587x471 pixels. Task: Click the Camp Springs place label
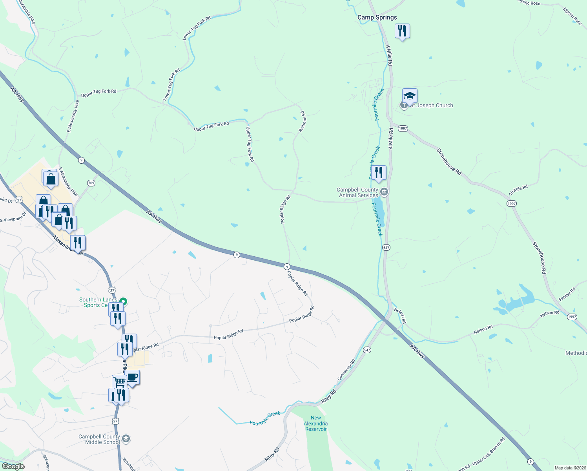click(377, 17)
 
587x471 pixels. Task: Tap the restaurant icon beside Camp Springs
click(402, 31)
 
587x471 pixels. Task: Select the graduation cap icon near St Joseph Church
click(409, 96)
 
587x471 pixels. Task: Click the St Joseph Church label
click(431, 105)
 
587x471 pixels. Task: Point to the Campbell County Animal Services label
click(357, 192)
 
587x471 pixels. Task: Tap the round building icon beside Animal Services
click(384, 192)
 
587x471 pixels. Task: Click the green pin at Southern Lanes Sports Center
click(123, 301)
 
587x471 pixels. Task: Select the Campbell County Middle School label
click(99, 439)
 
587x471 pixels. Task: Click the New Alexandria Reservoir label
click(316, 424)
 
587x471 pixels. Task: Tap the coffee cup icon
click(132, 378)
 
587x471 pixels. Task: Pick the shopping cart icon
click(119, 382)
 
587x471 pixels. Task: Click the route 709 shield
click(91, 183)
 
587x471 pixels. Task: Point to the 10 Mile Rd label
click(518, 190)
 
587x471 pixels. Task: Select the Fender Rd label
click(567, 294)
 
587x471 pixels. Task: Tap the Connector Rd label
click(346, 369)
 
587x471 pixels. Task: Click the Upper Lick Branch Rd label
click(489, 451)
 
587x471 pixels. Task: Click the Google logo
click(13, 466)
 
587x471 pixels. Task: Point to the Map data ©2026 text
click(569, 468)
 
